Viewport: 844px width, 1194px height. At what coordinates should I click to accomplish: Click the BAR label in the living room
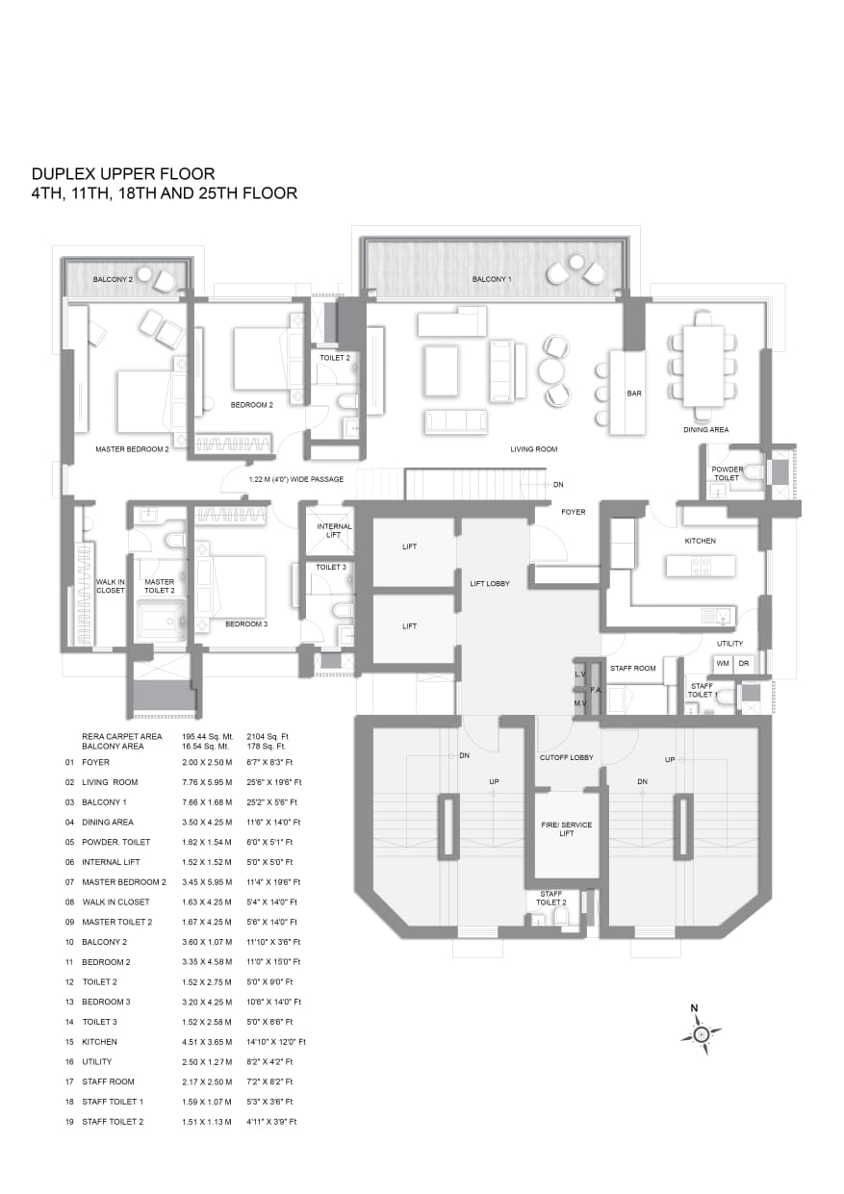click(x=634, y=394)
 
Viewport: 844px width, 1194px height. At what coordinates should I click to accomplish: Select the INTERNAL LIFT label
click(x=334, y=530)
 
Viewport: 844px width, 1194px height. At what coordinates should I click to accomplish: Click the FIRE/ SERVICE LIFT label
click(x=566, y=828)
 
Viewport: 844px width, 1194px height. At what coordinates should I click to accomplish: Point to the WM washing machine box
click(x=723, y=664)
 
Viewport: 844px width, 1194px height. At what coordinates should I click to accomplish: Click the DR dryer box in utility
click(x=744, y=664)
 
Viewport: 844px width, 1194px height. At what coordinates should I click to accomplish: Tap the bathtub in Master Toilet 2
click(x=161, y=621)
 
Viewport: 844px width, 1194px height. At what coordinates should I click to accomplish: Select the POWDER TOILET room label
click(x=728, y=473)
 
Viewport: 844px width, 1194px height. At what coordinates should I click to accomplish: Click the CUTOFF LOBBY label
click(x=566, y=757)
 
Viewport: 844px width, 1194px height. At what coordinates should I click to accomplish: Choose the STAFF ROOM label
click(x=633, y=668)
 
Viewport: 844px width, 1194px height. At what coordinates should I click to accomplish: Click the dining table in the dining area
click(x=703, y=367)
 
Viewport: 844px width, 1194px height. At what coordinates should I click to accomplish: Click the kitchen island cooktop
click(x=700, y=566)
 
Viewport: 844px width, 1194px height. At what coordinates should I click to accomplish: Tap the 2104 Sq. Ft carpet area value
click(x=268, y=736)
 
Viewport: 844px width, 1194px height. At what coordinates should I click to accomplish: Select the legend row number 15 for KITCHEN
click(x=69, y=1042)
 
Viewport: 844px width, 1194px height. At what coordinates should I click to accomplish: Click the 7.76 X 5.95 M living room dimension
click(x=207, y=782)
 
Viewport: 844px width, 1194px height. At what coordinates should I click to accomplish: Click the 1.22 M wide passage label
click(x=295, y=479)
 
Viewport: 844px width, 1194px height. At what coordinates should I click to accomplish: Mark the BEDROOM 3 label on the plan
click(x=246, y=623)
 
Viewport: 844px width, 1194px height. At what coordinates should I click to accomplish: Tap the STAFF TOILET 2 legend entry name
click(x=113, y=1122)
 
